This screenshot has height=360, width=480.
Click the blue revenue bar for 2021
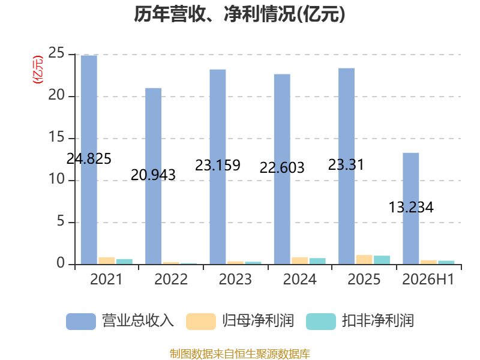[x=89, y=160]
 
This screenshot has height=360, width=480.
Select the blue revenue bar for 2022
[x=154, y=176]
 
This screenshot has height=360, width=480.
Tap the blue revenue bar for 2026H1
[x=411, y=208]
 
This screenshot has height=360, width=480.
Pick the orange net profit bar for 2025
[x=364, y=260]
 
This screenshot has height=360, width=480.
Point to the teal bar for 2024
[x=318, y=261]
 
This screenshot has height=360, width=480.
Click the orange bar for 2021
[x=107, y=261]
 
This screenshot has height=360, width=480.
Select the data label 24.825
[x=89, y=158]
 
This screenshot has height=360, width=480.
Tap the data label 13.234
[x=411, y=207]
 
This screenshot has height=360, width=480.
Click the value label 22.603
[x=282, y=167]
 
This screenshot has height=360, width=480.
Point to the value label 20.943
[x=153, y=175]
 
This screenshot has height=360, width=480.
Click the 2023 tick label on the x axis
[x=235, y=279]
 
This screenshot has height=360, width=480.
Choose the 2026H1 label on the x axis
[x=428, y=279]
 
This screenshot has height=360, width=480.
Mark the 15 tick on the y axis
[x=56, y=137]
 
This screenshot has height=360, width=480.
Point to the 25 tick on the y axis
[x=56, y=53]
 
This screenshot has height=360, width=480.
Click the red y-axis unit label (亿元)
[x=38, y=70]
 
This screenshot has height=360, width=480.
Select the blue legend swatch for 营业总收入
[x=81, y=322]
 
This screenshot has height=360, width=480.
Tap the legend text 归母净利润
[x=258, y=321]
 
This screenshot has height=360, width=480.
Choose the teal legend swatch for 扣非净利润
[x=321, y=322]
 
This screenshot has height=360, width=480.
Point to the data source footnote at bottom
[x=240, y=354]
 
